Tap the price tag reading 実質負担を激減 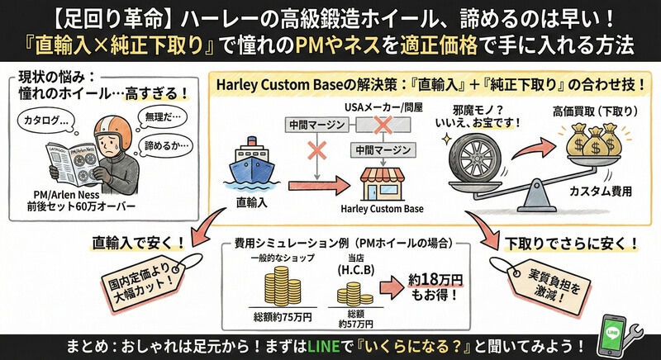[538, 282]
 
